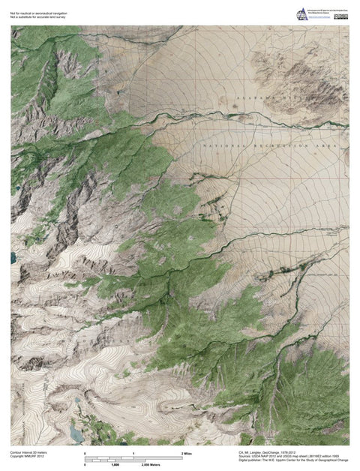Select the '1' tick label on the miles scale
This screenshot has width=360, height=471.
(133, 454)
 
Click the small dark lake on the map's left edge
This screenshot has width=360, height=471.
(13, 258)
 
